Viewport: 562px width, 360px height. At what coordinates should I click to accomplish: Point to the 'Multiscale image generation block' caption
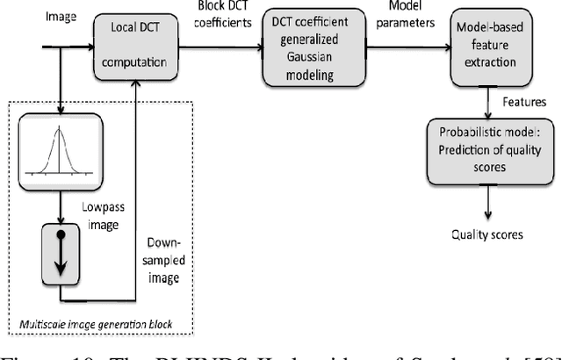[x=94, y=326]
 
